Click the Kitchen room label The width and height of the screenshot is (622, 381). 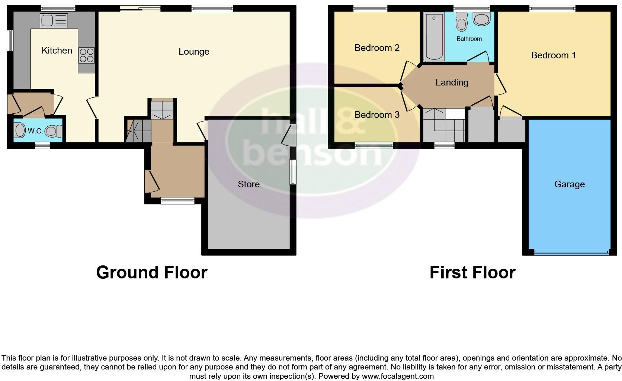[57, 51]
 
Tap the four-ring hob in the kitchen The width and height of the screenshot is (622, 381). [86, 55]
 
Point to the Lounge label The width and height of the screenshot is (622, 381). [194, 52]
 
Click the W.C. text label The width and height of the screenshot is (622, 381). [35, 131]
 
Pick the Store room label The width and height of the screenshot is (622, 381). [249, 184]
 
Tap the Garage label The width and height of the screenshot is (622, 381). [569, 184]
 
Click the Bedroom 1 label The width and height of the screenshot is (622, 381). [553, 55]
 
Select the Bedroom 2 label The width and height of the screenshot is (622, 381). [377, 48]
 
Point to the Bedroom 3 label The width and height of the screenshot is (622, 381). [377, 115]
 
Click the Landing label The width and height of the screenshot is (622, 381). [452, 83]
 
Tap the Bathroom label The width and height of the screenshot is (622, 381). [469, 39]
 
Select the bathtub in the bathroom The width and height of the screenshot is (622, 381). [434, 36]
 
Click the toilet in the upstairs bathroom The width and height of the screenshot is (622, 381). [462, 22]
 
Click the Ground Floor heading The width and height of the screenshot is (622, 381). [151, 272]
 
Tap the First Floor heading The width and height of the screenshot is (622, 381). [472, 272]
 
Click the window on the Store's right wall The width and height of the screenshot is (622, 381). [293, 172]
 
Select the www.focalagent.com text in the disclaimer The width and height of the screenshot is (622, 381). [398, 376]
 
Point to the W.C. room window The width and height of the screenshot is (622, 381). [42, 146]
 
